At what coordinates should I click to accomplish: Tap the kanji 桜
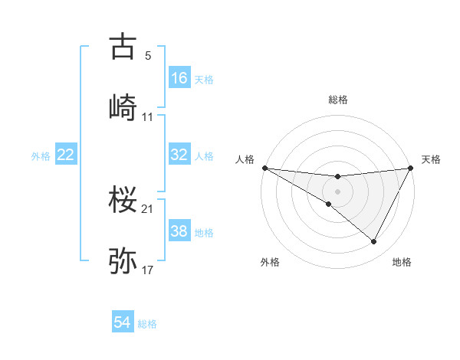[123, 201]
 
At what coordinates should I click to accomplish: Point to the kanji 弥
[123, 260]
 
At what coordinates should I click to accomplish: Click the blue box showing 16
[179, 77]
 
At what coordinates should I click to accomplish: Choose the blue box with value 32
[179, 155]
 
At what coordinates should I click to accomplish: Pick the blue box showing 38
[179, 231]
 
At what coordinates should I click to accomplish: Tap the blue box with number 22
[66, 155]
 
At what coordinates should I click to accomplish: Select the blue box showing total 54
[123, 322]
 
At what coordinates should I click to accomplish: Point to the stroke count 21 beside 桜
[148, 209]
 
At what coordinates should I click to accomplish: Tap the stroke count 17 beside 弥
[148, 270]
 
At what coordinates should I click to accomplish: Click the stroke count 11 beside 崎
[148, 116]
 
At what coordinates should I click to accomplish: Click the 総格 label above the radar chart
[337, 100]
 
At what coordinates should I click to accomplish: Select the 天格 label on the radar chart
[431, 159]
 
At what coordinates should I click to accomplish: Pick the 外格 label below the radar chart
[270, 262]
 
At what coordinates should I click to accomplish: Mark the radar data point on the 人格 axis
[264, 168]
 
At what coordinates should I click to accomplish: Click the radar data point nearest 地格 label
[374, 242]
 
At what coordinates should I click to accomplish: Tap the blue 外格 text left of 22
[41, 155]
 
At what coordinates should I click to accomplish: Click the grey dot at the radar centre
[337, 191]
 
